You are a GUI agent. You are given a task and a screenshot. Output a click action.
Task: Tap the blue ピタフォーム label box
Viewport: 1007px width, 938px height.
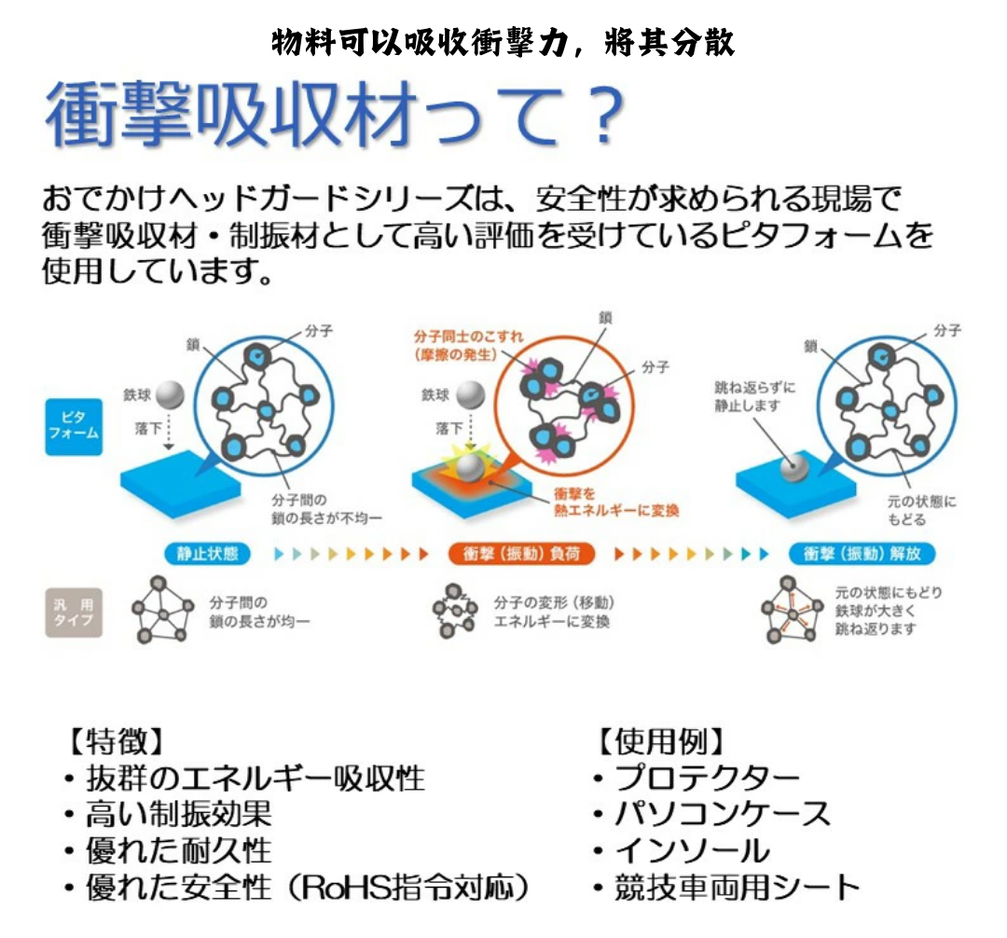click(73, 425)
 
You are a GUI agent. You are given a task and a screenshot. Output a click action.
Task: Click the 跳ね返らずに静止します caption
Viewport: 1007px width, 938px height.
click(754, 396)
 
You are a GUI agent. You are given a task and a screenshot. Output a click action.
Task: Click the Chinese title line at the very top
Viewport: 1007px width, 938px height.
click(503, 41)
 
